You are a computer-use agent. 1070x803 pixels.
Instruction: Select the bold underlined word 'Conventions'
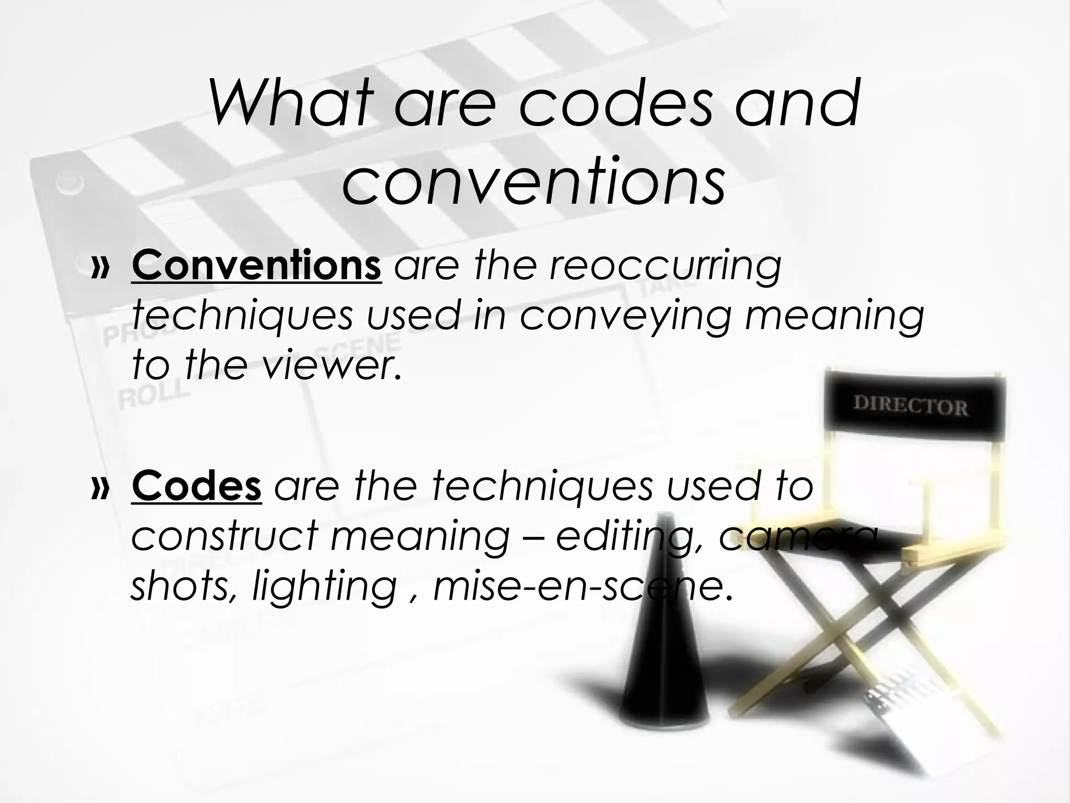[257, 266]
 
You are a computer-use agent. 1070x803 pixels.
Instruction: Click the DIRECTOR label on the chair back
[910, 406]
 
